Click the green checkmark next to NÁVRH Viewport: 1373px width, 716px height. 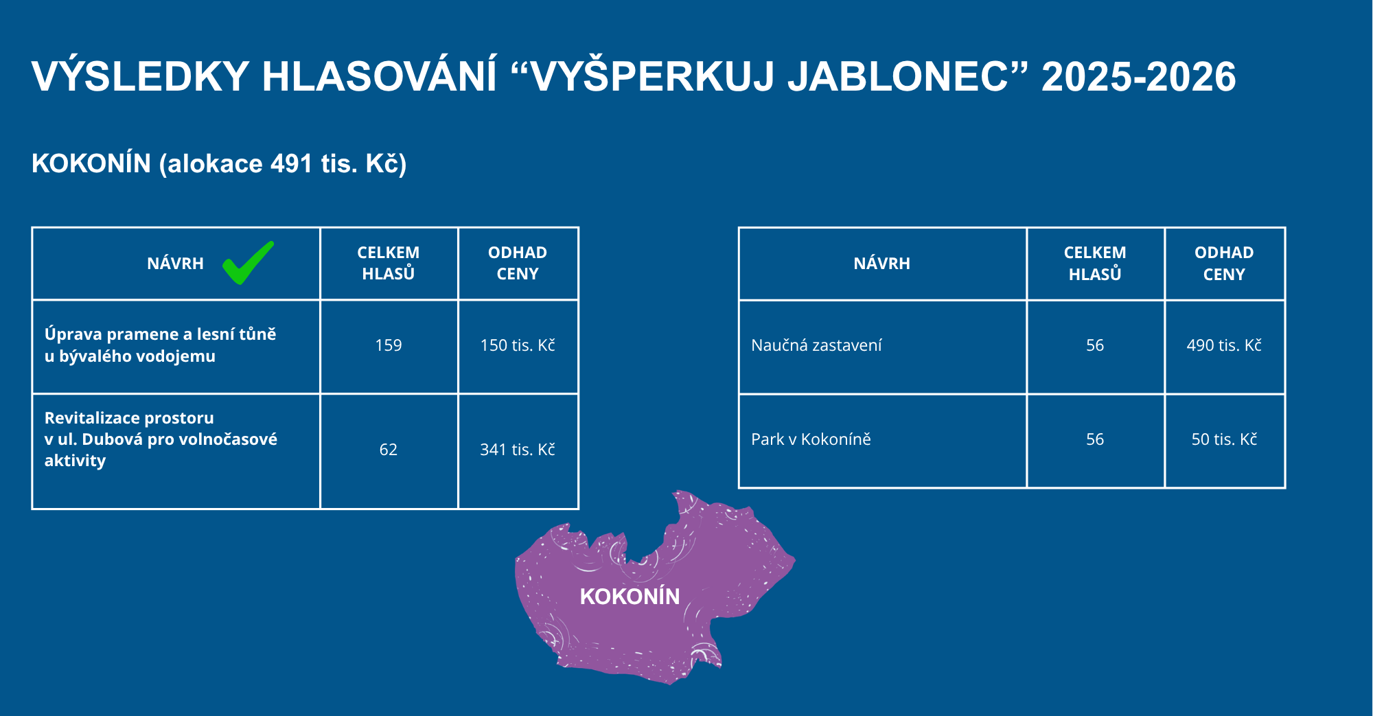[x=248, y=263]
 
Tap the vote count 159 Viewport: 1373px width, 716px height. [x=389, y=345]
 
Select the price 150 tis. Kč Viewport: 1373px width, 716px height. [x=518, y=345]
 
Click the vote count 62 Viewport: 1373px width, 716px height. [x=389, y=450]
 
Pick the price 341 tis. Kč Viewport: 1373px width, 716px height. [x=518, y=450]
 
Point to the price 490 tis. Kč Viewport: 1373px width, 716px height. [x=1224, y=345]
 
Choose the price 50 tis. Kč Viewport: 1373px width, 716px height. [x=1224, y=439]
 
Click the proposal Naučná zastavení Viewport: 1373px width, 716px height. [x=816, y=345]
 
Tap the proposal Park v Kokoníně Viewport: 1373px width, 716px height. [x=811, y=439]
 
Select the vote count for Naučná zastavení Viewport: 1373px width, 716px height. [x=1095, y=345]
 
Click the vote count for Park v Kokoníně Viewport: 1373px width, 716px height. [x=1095, y=439]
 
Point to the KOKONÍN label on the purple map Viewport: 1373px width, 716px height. [x=630, y=596]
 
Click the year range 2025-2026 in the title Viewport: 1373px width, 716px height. [x=1139, y=76]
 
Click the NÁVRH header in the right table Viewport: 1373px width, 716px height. [x=882, y=264]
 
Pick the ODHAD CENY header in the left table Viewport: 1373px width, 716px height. [x=518, y=263]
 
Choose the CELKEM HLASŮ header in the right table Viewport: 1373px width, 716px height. [x=1095, y=263]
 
